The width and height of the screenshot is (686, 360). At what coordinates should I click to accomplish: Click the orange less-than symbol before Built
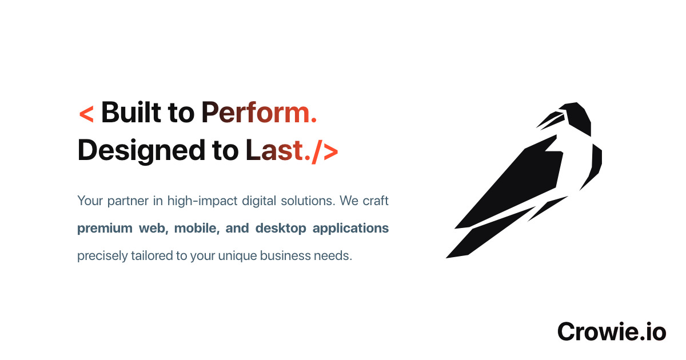[86, 114]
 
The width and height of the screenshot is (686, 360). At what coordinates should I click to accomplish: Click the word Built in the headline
[131, 113]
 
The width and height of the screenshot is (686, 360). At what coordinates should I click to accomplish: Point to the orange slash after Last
[317, 151]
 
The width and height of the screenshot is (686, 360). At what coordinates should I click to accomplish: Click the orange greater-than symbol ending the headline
[331, 151]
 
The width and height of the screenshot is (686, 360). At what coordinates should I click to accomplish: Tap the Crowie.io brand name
[612, 331]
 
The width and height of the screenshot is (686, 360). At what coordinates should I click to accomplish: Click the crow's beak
[551, 121]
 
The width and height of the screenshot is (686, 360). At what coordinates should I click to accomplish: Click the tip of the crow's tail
[446, 258]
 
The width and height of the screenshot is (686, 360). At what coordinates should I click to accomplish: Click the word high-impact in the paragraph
[202, 201]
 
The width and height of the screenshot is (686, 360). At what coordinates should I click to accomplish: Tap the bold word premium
[105, 229]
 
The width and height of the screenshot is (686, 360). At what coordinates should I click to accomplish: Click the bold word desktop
[281, 228]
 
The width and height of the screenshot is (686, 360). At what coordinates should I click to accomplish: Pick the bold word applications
[350, 229]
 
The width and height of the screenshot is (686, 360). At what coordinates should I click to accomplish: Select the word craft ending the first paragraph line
[376, 201]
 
